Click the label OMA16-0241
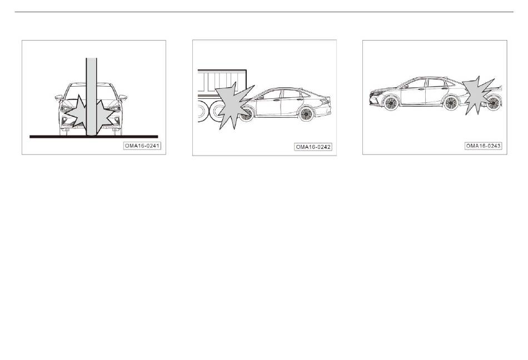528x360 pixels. pos(142,146)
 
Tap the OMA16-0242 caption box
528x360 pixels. pos(313,147)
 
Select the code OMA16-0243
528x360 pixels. pos(483,146)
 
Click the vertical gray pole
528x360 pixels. pos(91,97)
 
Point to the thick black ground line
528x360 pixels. pos(93,137)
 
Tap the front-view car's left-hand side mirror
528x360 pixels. pos(59,98)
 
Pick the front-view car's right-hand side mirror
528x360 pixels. pos(123,98)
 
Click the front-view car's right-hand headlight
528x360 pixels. pos(113,109)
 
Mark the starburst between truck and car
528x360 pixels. pos(233,105)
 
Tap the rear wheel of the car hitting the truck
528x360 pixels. pos(306,114)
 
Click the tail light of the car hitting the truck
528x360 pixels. pos(326,99)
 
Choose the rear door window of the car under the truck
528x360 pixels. pos(291,93)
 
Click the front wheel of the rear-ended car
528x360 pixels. pos(391,103)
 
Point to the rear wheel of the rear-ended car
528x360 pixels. pos(451,103)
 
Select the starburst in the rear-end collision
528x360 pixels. pos(477,96)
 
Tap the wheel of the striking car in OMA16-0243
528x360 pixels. pos(494,103)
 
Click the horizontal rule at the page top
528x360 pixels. pos(264,12)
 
